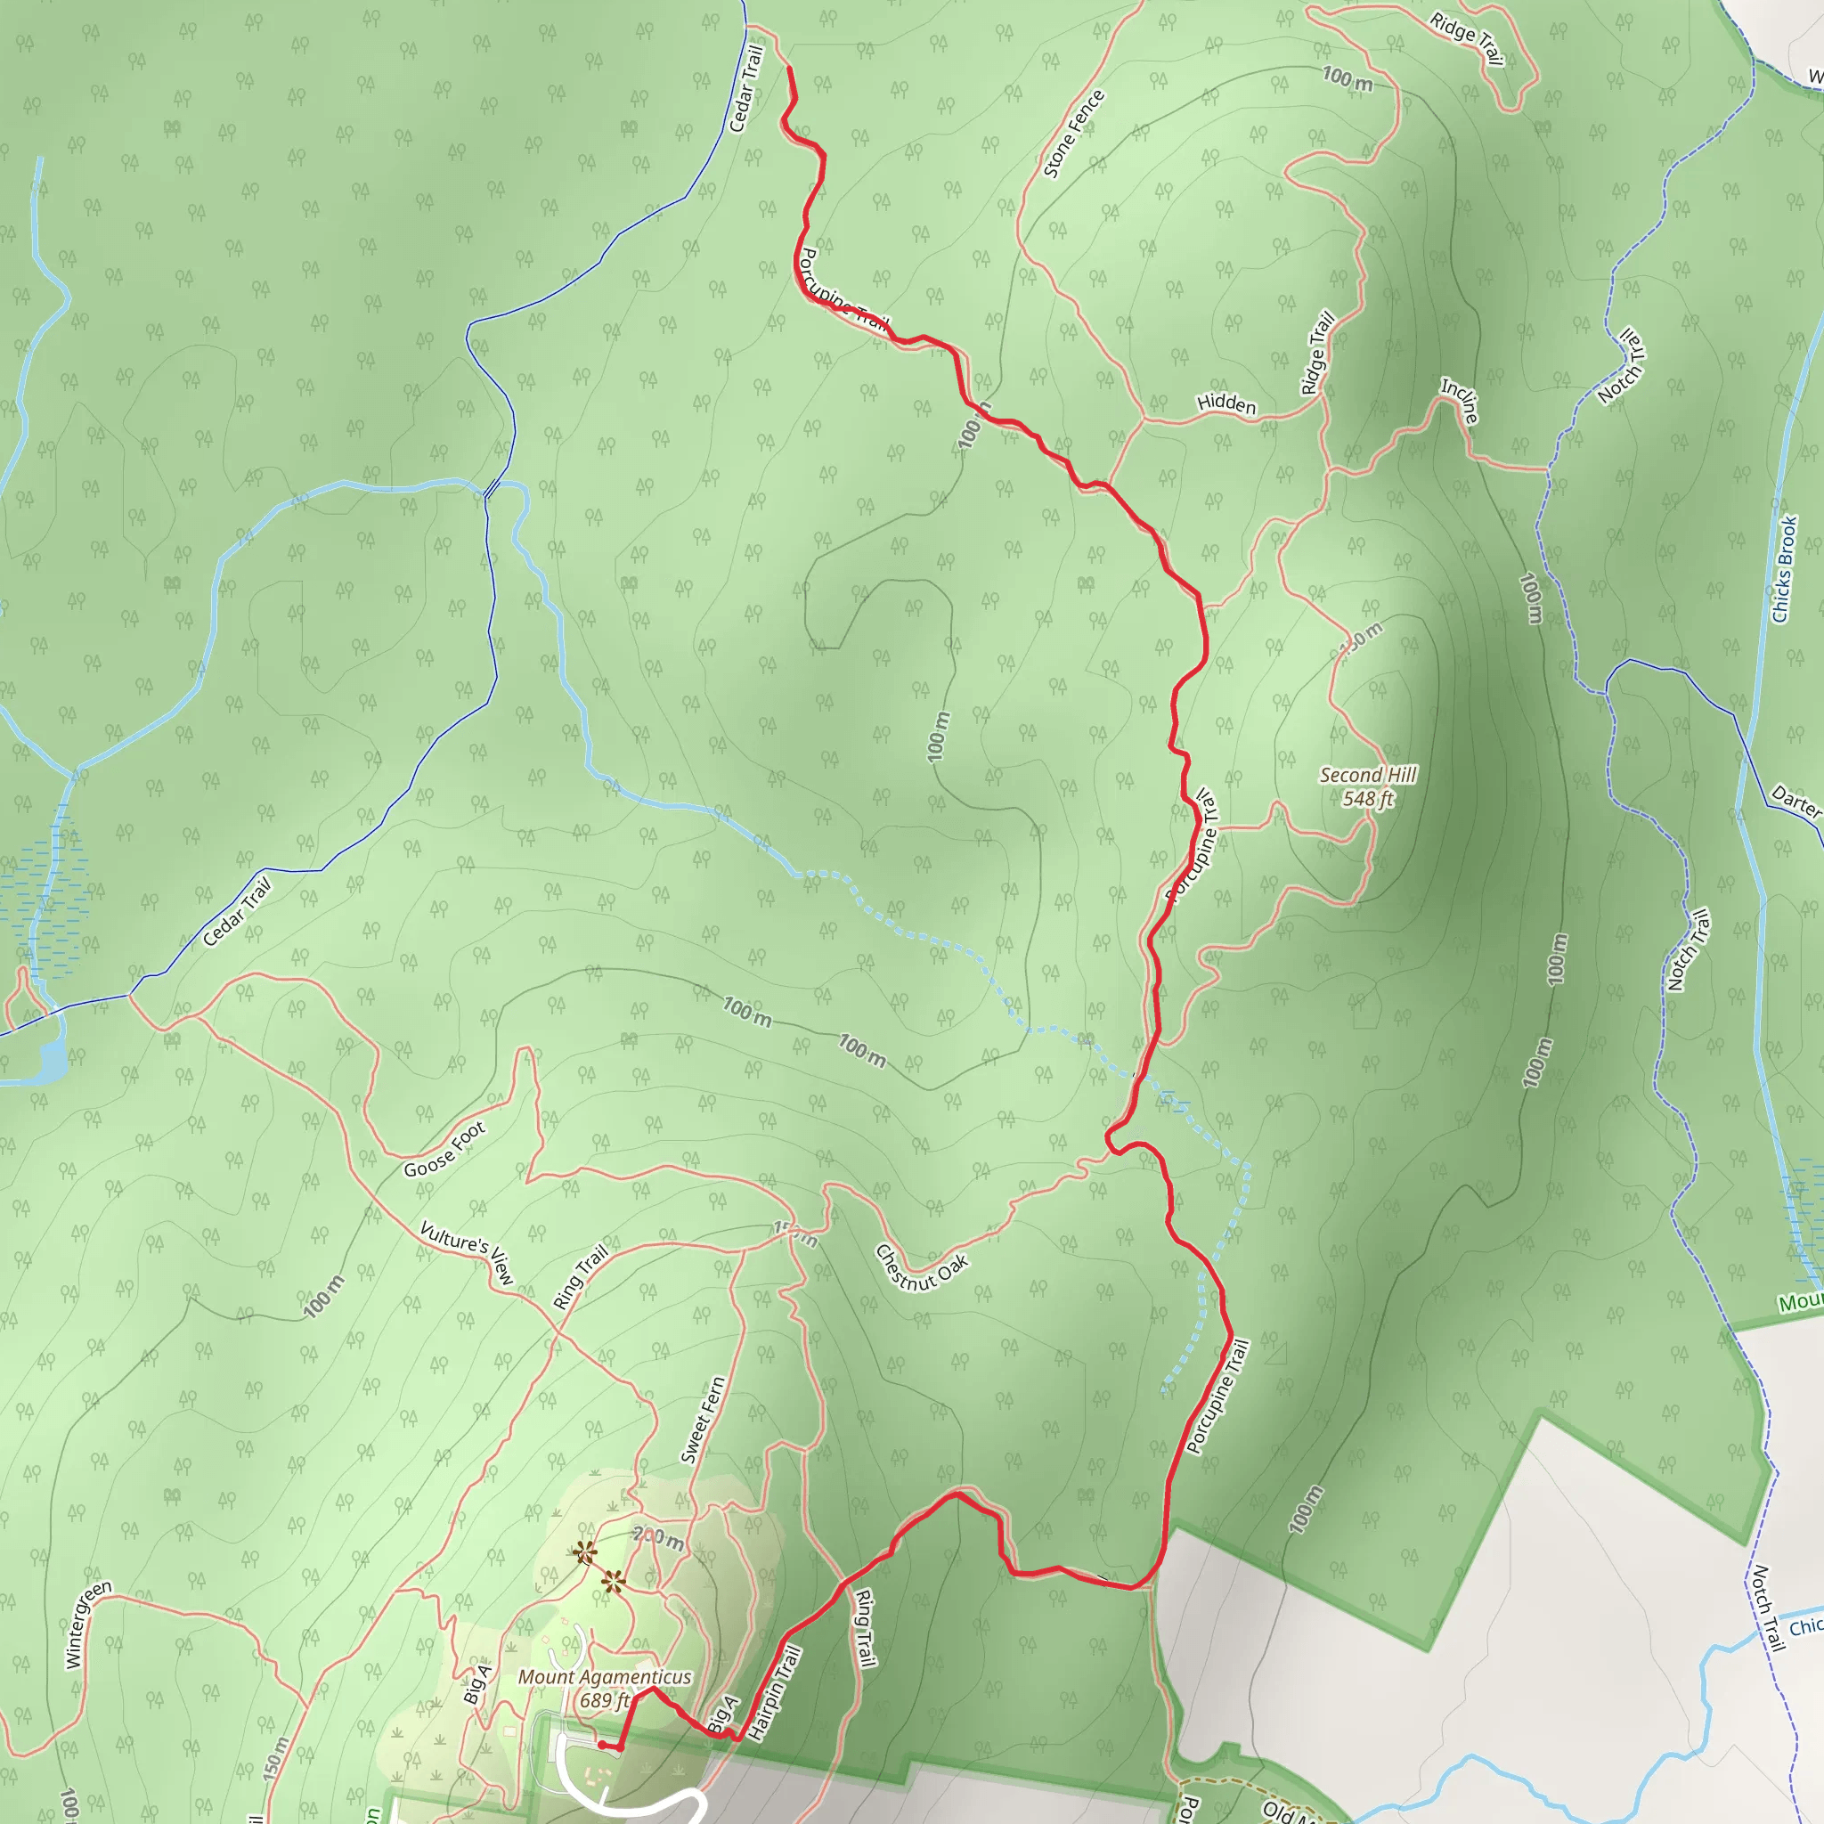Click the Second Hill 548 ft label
1367,786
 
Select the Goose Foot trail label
444,1149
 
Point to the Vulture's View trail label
468,1252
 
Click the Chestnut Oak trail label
922,1268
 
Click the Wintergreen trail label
88,1623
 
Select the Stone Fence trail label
1073,134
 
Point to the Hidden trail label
1226,403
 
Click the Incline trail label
1460,399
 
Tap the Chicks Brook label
1783,569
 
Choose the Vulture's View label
468,1252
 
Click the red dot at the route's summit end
602,1745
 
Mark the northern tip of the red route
788,69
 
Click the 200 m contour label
658,1539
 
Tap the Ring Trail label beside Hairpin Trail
864,1628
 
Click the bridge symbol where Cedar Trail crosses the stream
491,488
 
